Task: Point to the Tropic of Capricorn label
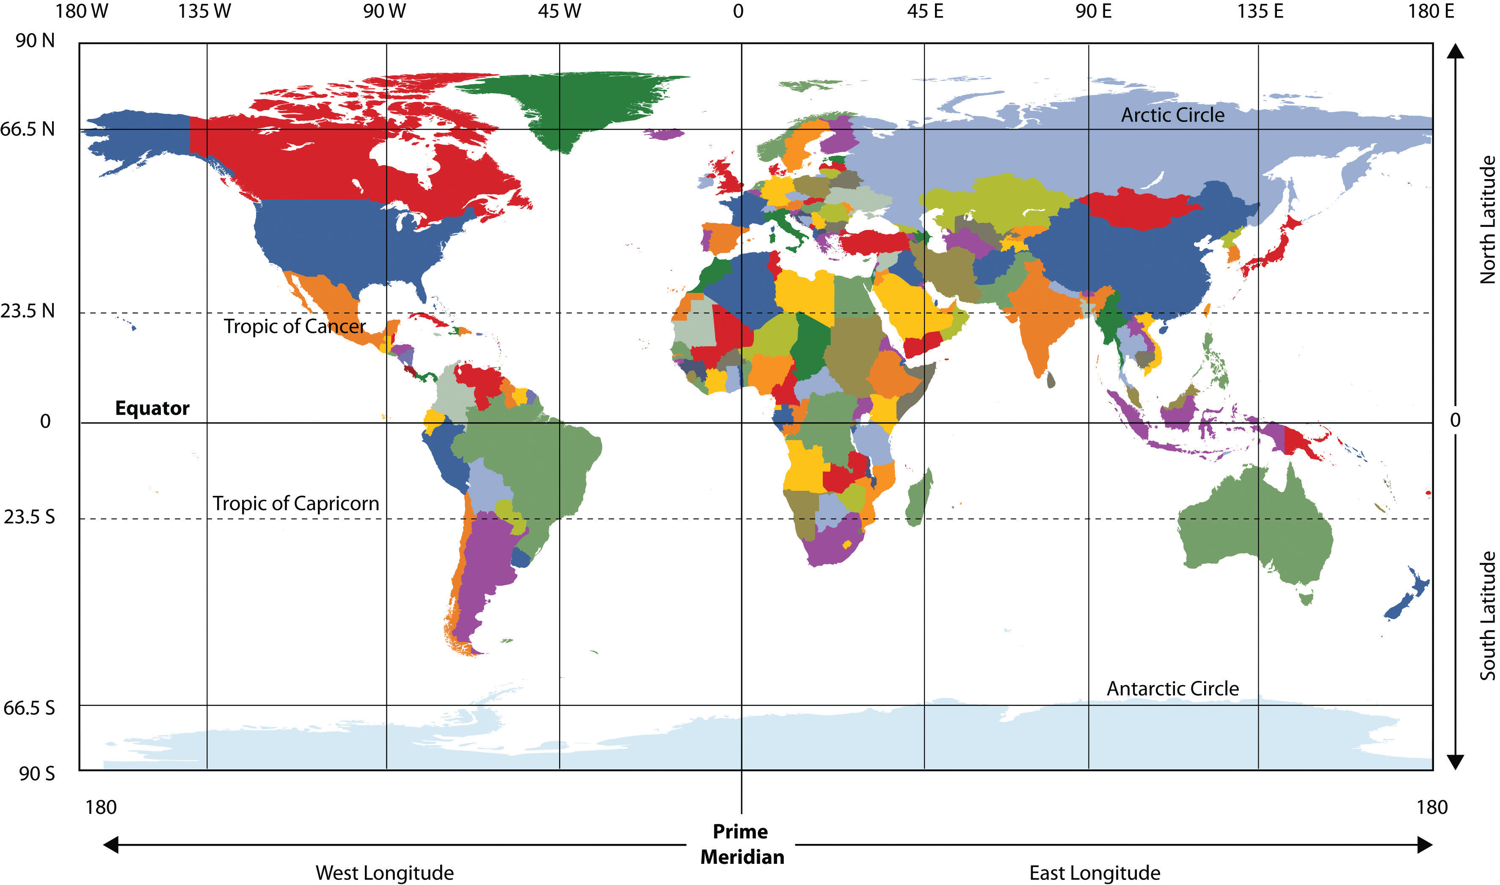tap(295, 503)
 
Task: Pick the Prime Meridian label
tap(742, 844)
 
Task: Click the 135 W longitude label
tap(204, 11)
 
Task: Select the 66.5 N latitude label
tap(28, 129)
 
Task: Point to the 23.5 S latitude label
tap(29, 517)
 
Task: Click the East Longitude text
tap(1095, 872)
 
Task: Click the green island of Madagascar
tap(919, 498)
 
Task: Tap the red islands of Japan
tap(1272, 251)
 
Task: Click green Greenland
tap(572, 101)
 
